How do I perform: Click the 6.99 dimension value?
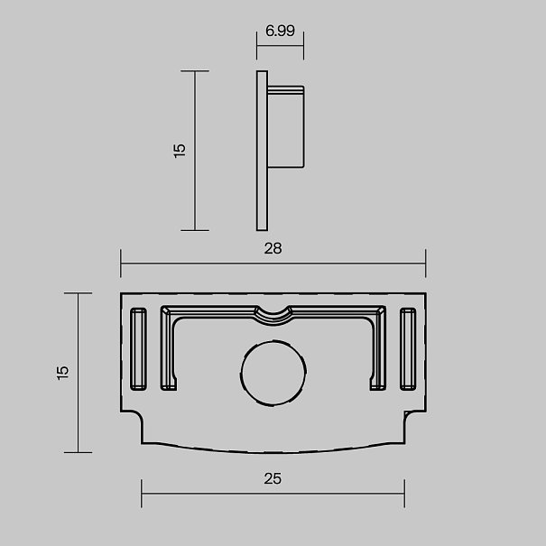(x=280, y=31)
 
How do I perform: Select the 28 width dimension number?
(x=273, y=248)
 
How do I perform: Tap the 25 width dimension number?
(x=273, y=478)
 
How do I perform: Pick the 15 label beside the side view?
(x=180, y=151)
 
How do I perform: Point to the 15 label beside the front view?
(x=62, y=373)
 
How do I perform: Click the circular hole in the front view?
(x=273, y=373)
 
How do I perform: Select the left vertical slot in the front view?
(x=138, y=349)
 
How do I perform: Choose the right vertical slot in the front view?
(x=408, y=349)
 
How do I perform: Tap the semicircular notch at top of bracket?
(x=273, y=316)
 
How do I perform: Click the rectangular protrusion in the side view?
(x=286, y=126)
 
